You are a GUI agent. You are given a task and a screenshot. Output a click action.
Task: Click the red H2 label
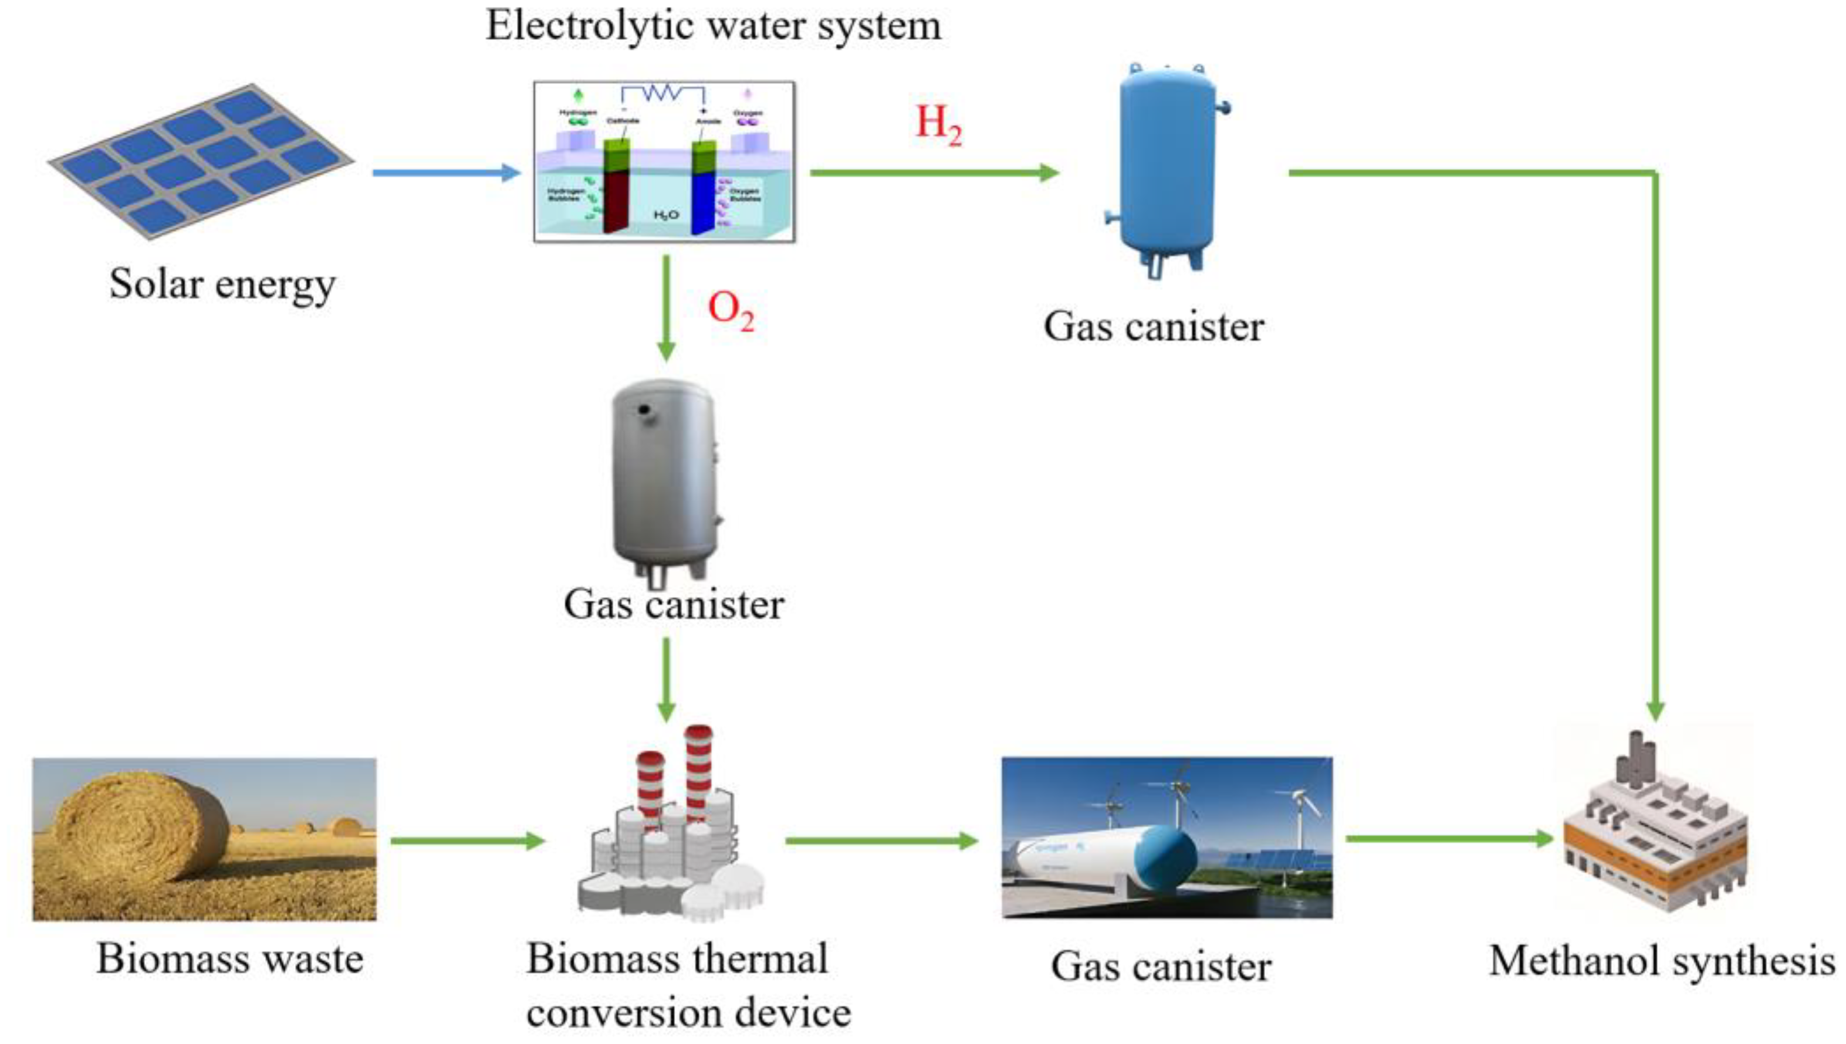[937, 125]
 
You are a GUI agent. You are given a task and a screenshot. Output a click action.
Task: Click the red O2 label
[730, 310]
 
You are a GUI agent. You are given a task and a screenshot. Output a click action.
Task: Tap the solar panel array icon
[201, 161]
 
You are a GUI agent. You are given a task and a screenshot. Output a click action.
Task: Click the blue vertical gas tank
[1167, 168]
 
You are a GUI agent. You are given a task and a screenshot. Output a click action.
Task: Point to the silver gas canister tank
[664, 477]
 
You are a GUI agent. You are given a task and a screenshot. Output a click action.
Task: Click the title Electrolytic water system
[713, 26]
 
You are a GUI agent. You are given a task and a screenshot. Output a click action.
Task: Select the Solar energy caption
[222, 284]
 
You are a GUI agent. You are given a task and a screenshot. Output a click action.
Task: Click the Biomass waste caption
[229, 959]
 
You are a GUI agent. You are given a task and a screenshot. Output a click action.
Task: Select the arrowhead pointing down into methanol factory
[1655, 710]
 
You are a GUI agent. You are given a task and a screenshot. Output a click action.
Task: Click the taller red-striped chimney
[698, 774]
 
